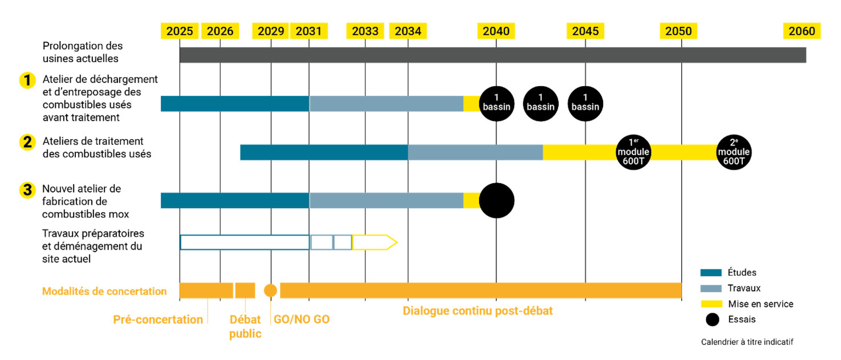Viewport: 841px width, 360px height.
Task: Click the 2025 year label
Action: click(x=180, y=31)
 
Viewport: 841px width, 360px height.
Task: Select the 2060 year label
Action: click(x=802, y=31)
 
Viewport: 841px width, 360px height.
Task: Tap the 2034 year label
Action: click(x=408, y=31)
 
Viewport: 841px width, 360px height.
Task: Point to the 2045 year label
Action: click(x=585, y=31)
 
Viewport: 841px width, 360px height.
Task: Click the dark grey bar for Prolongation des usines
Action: click(x=492, y=55)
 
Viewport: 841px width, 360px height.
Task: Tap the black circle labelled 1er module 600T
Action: click(x=633, y=152)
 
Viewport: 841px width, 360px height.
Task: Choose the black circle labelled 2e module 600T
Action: click(x=734, y=152)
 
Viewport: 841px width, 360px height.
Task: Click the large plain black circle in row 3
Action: click(x=496, y=200)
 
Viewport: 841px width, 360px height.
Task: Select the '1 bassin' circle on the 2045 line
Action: click(x=585, y=103)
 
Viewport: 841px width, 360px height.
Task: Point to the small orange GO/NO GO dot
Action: click(x=270, y=290)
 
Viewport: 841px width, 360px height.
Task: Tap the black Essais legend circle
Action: click(x=712, y=319)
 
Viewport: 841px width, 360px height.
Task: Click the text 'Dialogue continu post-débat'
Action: click(x=478, y=312)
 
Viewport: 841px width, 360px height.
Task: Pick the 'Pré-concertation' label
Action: click(x=158, y=319)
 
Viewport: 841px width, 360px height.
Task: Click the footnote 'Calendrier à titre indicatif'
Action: click(x=747, y=342)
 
